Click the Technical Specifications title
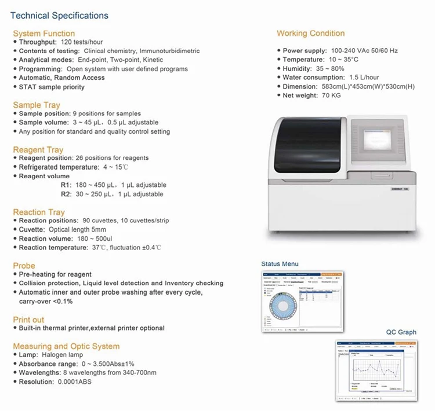click(x=59, y=16)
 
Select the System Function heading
click(x=43, y=34)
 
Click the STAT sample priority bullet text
click(x=51, y=87)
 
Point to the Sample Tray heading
click(x=36, y=105)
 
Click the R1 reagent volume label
click(x=66, y=185)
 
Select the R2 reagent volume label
click(x=66, y=195)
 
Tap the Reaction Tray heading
click(x=39, y=212)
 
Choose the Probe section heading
click(x=24, y=266)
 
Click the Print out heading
click(x=28, y=320)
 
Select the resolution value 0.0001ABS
click(x=74, y=382)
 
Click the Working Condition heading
click(x=310, y=34)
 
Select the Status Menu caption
click(x=280, y=264)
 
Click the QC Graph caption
click(x=401, y=332)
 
